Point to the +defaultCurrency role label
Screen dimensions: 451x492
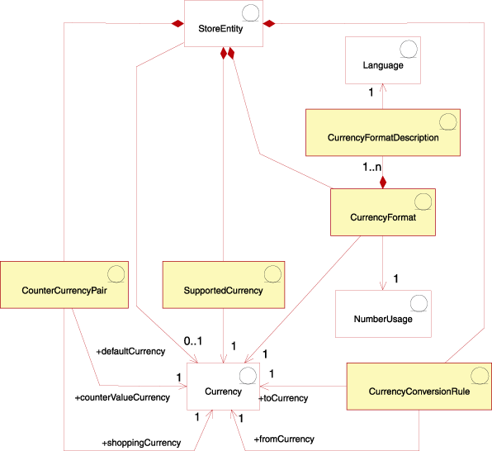(x=130, y=352)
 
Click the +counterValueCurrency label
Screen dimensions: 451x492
(x=122, y=398)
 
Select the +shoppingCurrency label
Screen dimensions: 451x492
(x=141, y=443)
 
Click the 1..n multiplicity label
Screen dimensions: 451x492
(x=372, y=168)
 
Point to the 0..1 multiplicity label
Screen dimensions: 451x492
(x=192, y=340)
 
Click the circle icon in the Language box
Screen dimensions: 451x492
(x=408, y=48)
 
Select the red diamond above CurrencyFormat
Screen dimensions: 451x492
(x=383, y=182)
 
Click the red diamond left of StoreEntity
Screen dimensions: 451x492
(x=176, y=25)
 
